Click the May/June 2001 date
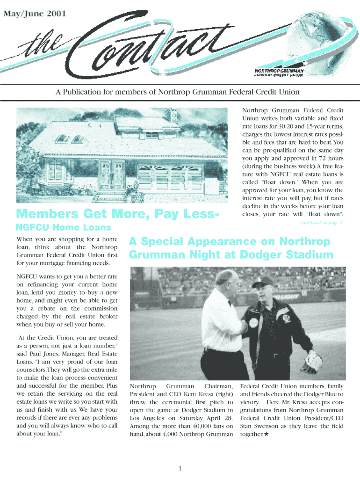[x=36, y=14]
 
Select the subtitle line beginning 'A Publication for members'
[x=178, y=92]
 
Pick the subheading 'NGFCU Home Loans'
[x=64, y=228]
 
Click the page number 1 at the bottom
[x=180, y=469]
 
